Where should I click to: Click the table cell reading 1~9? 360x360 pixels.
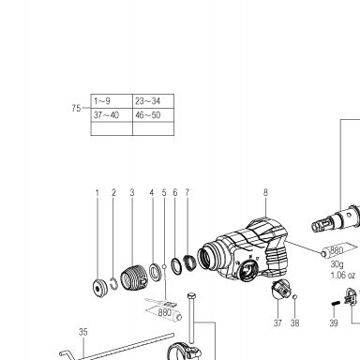pyautogui.click(x=112, y=101)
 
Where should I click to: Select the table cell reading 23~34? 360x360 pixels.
pyautogui.click(x=153, y=101)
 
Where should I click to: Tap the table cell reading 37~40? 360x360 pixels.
pyautogui.click(x=112, y=115)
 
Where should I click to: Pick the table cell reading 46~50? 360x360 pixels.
pyautogui.click(x=153, y=115)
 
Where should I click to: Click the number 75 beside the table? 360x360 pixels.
pyautogui.click(x=76, y=108)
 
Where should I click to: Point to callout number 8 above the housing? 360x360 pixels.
pyautogui.click(x=265, y=192)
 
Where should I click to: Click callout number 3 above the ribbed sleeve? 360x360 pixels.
pyautogui.click(x=132, y=192)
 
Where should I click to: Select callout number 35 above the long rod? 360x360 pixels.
pyautogui.click(x=83, y=332)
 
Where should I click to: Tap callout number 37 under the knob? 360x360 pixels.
pyautogui.click(x=277, y=322)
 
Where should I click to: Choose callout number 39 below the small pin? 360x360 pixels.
pyautogui.click(x=334, y=322)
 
